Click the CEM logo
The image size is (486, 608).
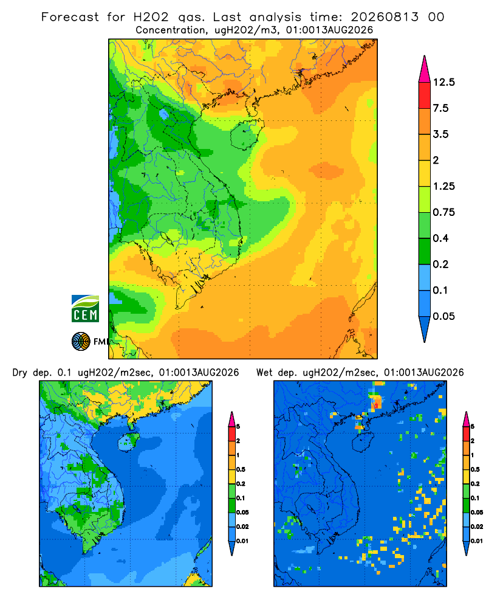[85, 309]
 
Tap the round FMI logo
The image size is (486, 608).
[81, 342]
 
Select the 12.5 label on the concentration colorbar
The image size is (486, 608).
[444, 82]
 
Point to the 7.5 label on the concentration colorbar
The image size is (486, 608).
[440, 108]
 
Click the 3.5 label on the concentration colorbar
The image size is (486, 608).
[440, 134]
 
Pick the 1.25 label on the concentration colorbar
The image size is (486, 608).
[444, 186]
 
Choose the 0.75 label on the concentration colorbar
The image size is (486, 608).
[444, 212]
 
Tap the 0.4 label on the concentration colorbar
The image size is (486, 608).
[440, 238]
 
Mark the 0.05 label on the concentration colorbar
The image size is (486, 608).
[444, 316]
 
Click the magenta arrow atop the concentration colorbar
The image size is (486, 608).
[425, 70]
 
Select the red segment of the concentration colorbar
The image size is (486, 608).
[425, 95]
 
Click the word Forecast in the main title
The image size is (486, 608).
[70, 17]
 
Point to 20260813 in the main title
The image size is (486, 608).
[385, 17]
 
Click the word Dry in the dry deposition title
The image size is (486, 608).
[20, 373]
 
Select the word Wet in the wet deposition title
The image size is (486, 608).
[264, 373]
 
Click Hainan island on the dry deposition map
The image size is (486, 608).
[128, 441]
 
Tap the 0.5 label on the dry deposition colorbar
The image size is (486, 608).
[241, 469]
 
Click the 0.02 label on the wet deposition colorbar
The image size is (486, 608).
[477, 527]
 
